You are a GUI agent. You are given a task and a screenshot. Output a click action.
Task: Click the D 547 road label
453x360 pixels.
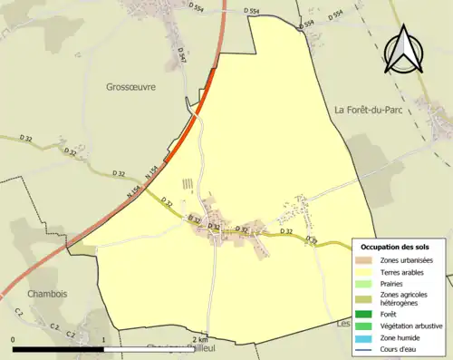coord(182,59)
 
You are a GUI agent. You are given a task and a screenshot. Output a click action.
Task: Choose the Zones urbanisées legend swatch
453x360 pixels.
coord(365,260)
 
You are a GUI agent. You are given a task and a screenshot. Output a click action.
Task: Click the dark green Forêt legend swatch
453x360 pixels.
coord(365,315)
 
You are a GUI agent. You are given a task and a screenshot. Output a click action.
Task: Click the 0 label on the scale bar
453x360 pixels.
coord(13,340)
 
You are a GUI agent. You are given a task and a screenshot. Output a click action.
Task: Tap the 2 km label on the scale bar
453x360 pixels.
coord(200,340)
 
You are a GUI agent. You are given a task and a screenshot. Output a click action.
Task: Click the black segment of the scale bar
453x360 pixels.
coord(60,348)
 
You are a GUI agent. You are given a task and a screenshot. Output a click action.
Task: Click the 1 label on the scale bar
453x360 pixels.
coord(106,340)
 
